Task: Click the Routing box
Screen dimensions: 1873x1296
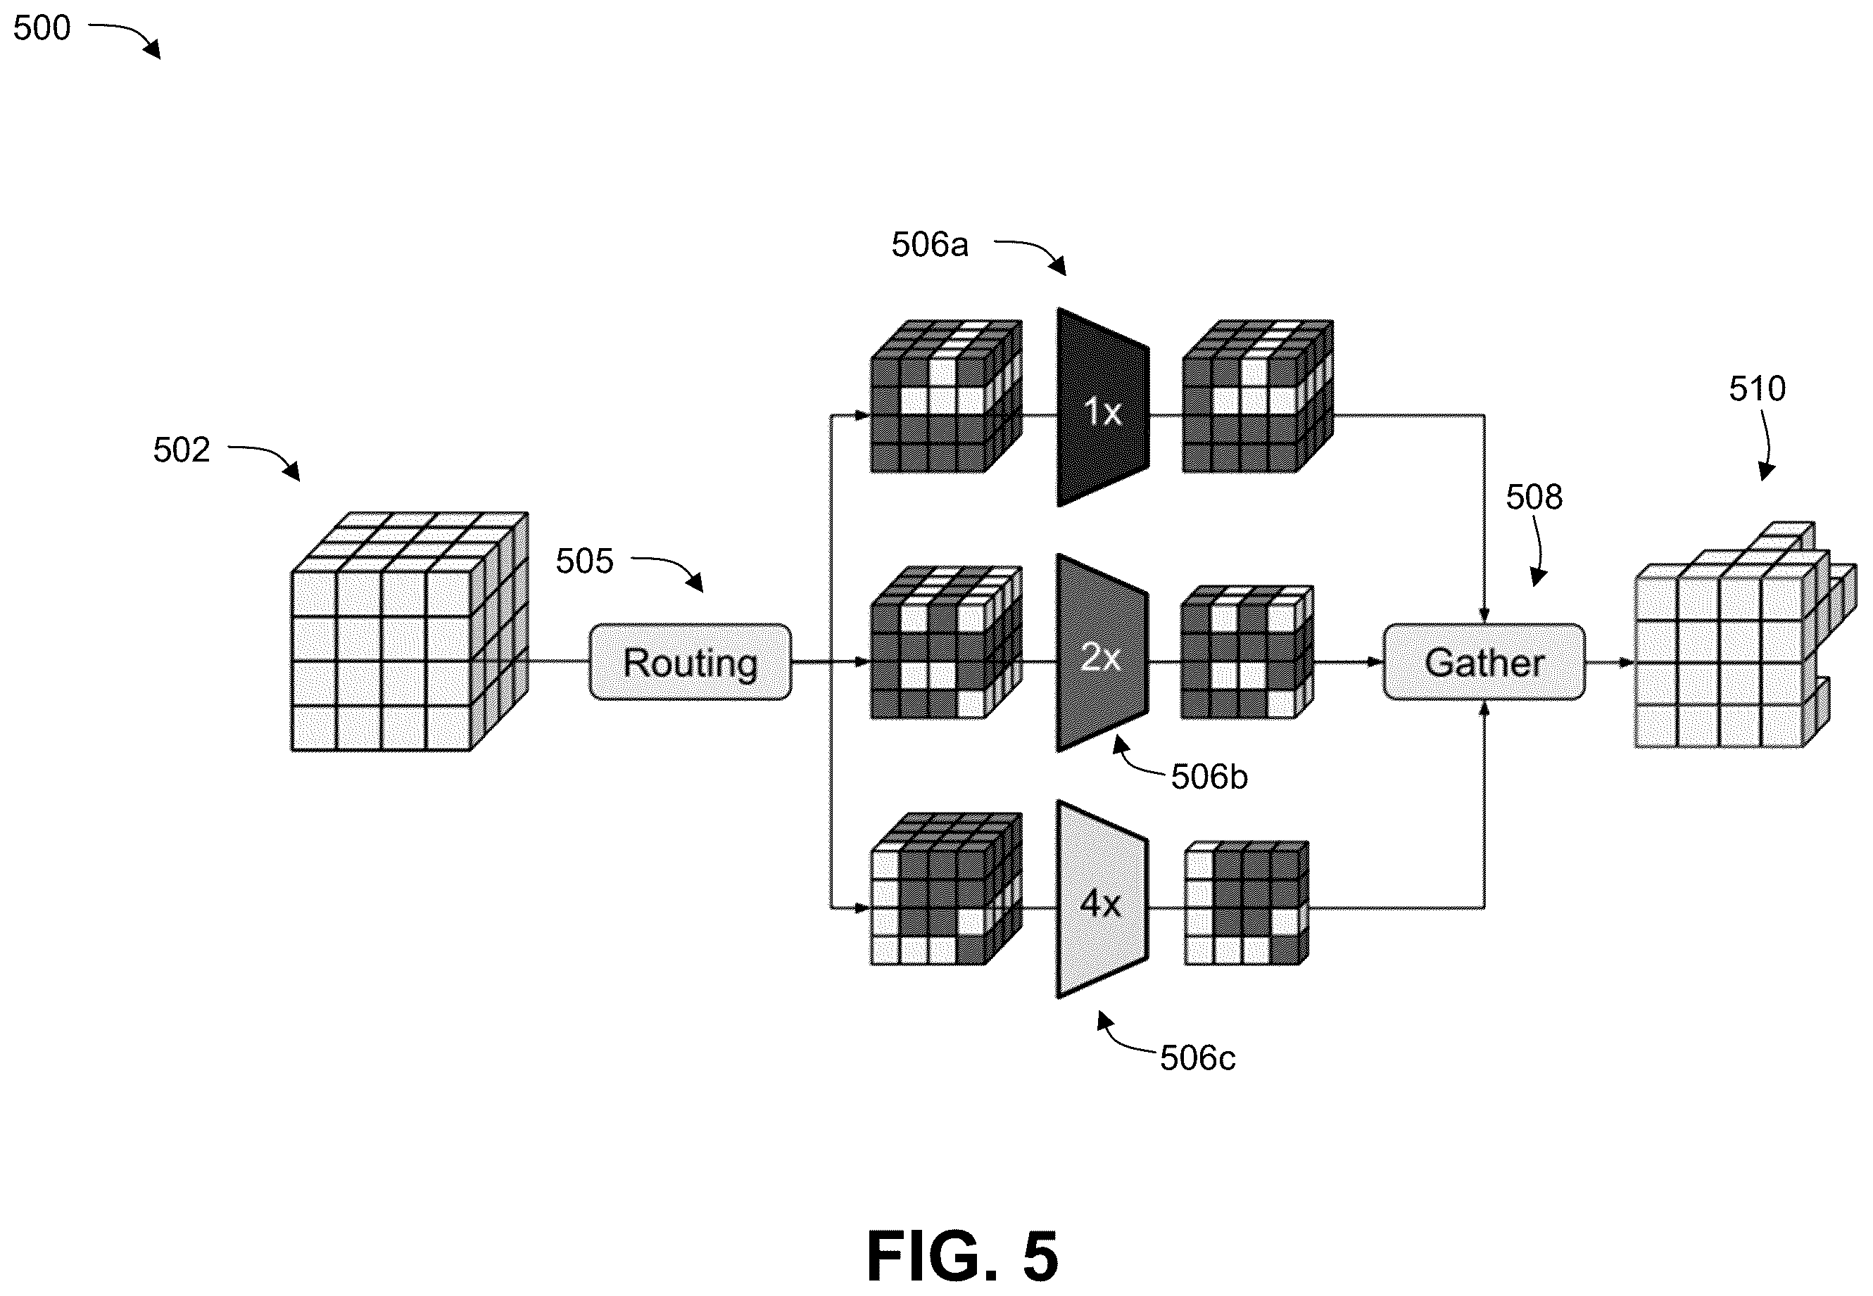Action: pyautogui.click(x=690, y=662)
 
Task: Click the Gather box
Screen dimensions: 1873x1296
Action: pyautogui.click(x=1484, y=662)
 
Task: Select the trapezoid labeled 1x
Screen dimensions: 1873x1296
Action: pyautogui.click(x=1103, y=407)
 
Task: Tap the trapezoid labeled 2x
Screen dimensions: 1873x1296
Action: pyautogui.click(x=1102, y=654)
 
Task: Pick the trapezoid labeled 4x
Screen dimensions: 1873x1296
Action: pyautogui.click(x=1102, y=900)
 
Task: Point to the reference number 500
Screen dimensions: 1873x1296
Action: pyautogui.click(x=42, y=28)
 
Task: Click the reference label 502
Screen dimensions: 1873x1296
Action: pyautogui.click(x=181, y=450)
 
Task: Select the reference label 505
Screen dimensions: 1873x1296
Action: pyautogui.click(x=584, y=561)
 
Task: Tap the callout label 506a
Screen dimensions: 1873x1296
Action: pyautogui.click(x=930, y=244)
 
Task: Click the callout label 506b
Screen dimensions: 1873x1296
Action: pyautogui.click(x=1209, y=777)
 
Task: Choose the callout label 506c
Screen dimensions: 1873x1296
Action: pyautogui.click(x=1198, y=1058)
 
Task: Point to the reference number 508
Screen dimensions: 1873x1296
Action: pyautogui.click(x=1534, y=497)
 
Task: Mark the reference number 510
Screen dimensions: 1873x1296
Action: pyautogui.click(x=1758, y=389)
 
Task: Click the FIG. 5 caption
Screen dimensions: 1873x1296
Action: pyautogui.click(x=964, y=1254)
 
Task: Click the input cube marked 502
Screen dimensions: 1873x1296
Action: pyautogui.click(x=410, y=631)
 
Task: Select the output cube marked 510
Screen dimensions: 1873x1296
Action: pyautogui.click(x=1746, y=634)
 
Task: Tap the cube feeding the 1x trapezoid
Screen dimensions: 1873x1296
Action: pyautogui.click(x=946, y=395)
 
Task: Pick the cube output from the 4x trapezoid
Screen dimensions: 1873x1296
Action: pyautogui.click(x=1247, y=903)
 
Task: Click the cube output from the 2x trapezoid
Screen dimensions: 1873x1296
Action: pyautogui.click(x=1247, y=652)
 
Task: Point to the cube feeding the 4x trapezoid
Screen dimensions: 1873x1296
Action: pyautogui.click(x=946, y=889)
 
